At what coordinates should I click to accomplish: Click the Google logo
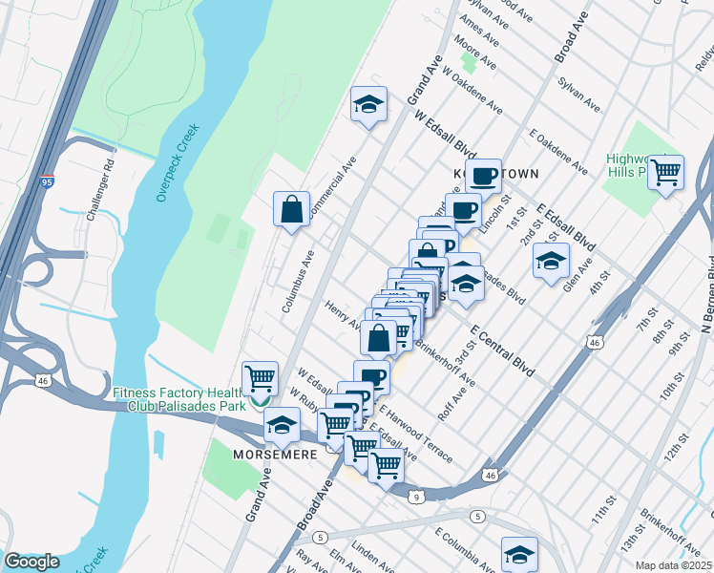[31, 562]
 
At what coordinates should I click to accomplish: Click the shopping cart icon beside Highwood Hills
[665, 173]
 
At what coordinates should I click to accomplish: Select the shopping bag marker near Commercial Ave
[291, 208]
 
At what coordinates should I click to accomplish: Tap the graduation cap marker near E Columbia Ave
[518, 553]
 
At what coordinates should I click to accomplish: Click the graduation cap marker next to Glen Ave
[551, 260]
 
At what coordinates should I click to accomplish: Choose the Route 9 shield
[416, 496]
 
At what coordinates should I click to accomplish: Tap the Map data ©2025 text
[674, 565]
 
